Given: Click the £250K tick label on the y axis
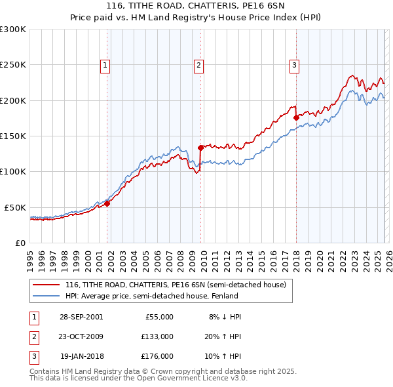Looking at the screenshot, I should click(12, 65).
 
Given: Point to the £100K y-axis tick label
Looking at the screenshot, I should click(12, 171).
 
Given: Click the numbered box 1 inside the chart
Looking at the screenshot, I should click(105, 65).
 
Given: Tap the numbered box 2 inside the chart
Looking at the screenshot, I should click(198, 65).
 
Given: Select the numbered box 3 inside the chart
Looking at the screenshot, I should click(294, 65).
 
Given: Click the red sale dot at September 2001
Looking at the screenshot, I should click(107, 203).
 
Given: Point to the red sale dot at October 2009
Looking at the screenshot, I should click(201, 148).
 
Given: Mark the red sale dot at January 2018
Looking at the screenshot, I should click(296, 118).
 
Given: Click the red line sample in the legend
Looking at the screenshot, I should click(47, 285).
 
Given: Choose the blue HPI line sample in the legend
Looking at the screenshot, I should click(47, 296).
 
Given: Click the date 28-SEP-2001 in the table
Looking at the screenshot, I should click(81, 317).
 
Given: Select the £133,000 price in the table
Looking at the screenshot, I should click(157, 336).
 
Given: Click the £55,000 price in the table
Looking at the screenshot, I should click(159, 317).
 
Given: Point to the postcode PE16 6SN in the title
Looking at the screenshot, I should click(221, 7).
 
